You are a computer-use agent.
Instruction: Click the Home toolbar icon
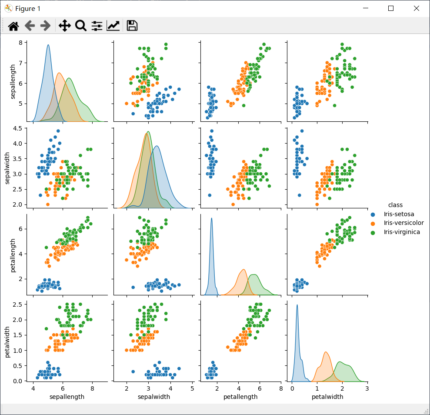tap(13, 26)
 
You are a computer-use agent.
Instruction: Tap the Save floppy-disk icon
tap(132, 26)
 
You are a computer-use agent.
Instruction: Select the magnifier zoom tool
tap(81, 26)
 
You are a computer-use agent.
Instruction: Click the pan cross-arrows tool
tap(64, 26)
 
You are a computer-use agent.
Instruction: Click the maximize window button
tap(391, 8)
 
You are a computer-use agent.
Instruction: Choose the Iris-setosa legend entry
tap(398, 214)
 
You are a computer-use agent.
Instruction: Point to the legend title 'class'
tap(395, 205)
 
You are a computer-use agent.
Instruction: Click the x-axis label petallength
tap(240, 397)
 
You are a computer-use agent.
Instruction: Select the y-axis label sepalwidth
tap(8, 166)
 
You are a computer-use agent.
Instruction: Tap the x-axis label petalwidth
tap(327, 397)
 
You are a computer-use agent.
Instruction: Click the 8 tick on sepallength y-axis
tap(20, 43)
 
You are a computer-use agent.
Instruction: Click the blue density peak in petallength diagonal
tap(211, 219)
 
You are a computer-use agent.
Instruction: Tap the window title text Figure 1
tap(28, 9)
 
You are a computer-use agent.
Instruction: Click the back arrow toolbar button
tap(30, 26)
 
